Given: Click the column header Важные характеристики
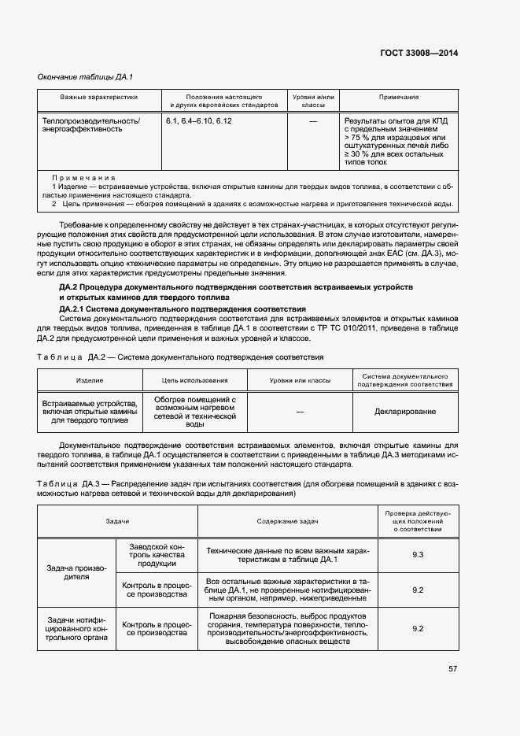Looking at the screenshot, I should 99,97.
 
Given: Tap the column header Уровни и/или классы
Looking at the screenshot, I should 313,101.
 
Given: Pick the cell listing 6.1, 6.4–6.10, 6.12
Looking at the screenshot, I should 199,121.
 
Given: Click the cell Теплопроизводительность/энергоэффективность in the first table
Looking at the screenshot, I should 90,125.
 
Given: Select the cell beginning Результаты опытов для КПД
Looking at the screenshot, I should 398,142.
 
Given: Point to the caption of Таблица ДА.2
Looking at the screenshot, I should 180,357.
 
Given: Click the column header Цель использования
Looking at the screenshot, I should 195,379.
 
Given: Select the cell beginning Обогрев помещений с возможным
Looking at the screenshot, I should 195,412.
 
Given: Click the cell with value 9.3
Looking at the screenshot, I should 418,555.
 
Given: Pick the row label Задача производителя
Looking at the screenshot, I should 76,571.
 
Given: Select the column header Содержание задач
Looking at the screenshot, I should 288,521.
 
